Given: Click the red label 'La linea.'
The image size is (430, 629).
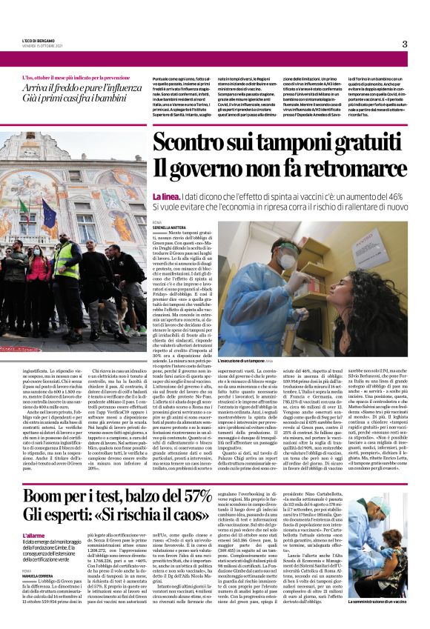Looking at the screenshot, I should pyautogui.click(x=166, y=196).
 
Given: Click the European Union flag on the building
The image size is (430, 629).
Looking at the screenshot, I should pyautogui.click(x=48, y=214).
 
